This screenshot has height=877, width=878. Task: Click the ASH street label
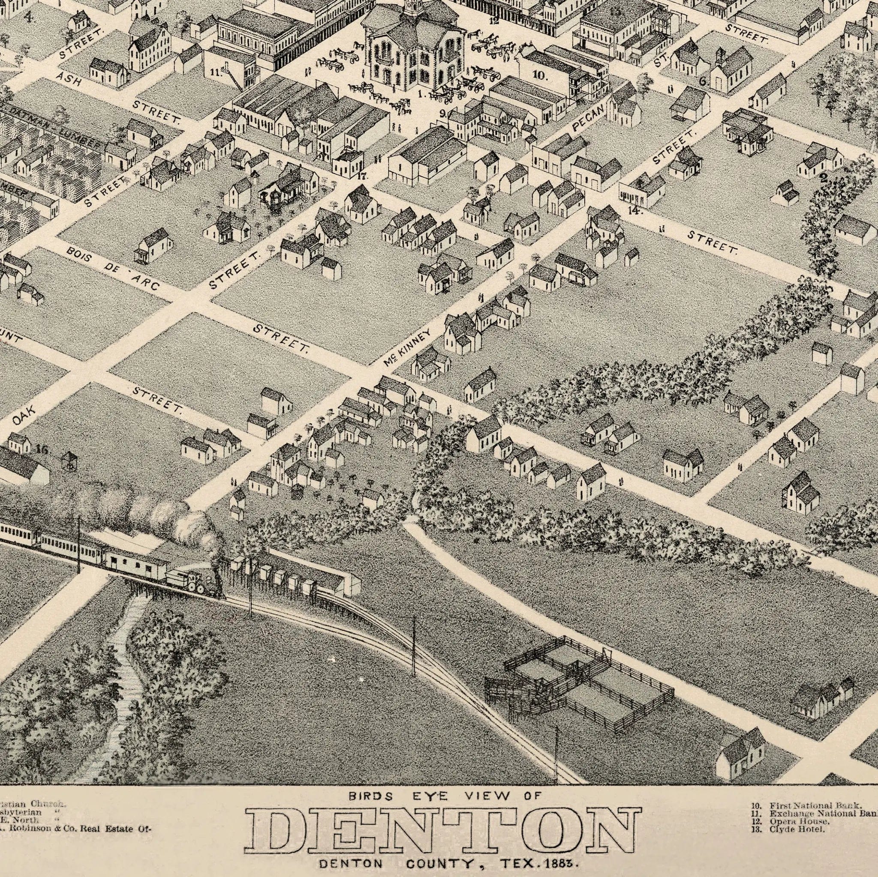[69, 80]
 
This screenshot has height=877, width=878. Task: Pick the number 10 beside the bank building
[539, 75]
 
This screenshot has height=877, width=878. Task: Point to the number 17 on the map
[362, 176]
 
